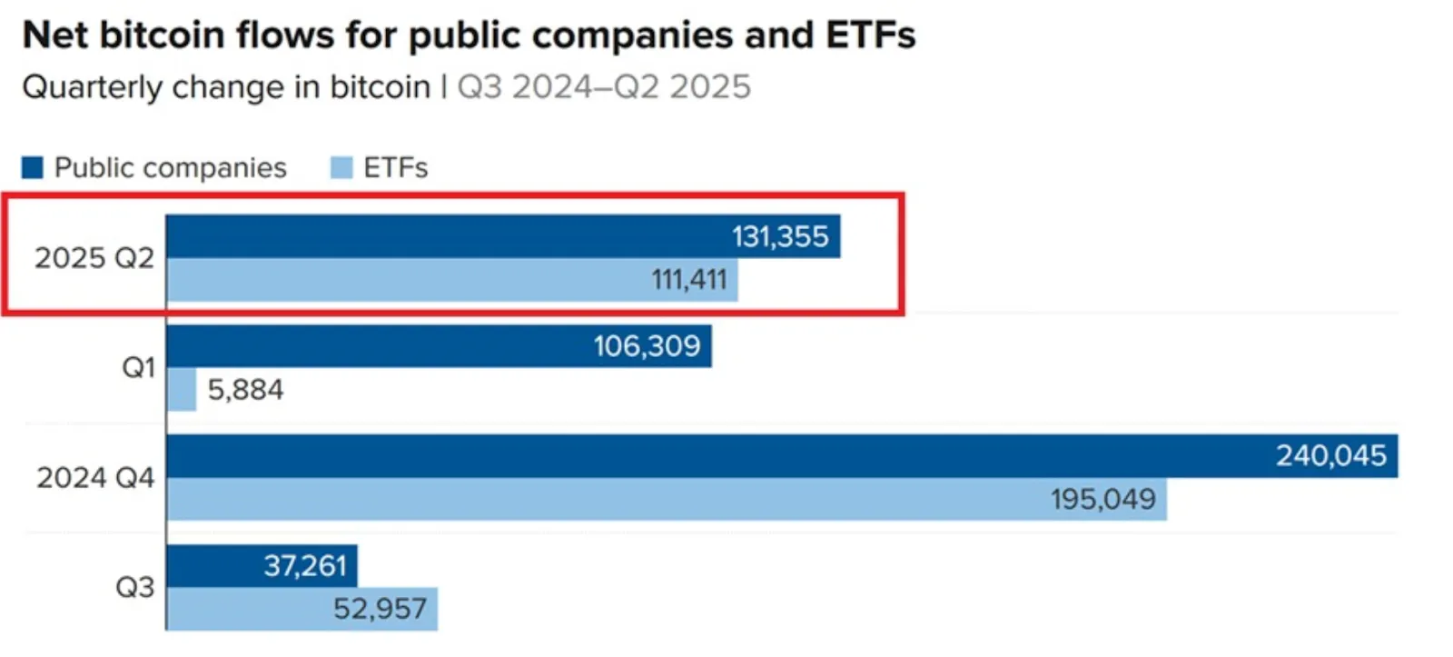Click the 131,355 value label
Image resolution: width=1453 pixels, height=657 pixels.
coord(780,237)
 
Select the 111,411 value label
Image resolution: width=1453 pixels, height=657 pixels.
coord(689,280)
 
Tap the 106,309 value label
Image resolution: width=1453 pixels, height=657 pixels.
coord(647,346)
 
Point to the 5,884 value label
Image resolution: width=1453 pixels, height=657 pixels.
coord(245,390)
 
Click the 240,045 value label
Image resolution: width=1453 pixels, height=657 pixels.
coord(1330,456)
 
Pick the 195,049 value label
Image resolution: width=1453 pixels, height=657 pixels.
coord(1102,499)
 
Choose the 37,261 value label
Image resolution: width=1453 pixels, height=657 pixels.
coord(305,566)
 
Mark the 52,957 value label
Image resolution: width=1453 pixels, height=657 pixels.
coord(380,609)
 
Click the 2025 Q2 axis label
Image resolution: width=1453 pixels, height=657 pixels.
coord(94,258)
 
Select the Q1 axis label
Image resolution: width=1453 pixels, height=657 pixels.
coord(138,368)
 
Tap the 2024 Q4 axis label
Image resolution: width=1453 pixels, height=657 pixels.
coord(95,478)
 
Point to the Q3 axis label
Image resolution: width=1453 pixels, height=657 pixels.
coord(134,588)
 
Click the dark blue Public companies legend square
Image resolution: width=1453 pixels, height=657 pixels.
coord(33,168)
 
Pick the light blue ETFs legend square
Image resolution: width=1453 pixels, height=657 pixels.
coord(341,168)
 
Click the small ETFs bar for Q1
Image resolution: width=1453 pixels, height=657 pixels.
coord(182,390)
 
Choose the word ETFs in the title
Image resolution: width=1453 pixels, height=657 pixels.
coord(870,35)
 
